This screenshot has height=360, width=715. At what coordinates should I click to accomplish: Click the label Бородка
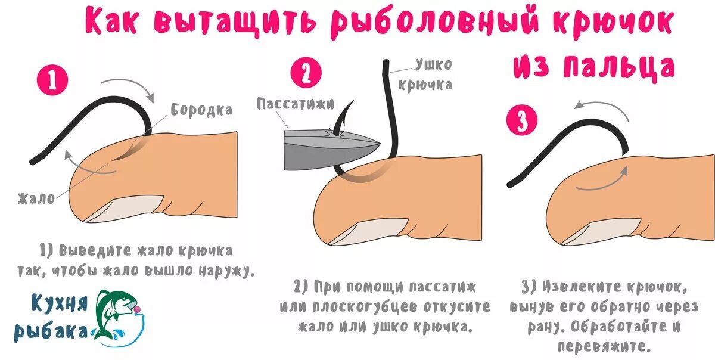[x=201, y=110]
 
